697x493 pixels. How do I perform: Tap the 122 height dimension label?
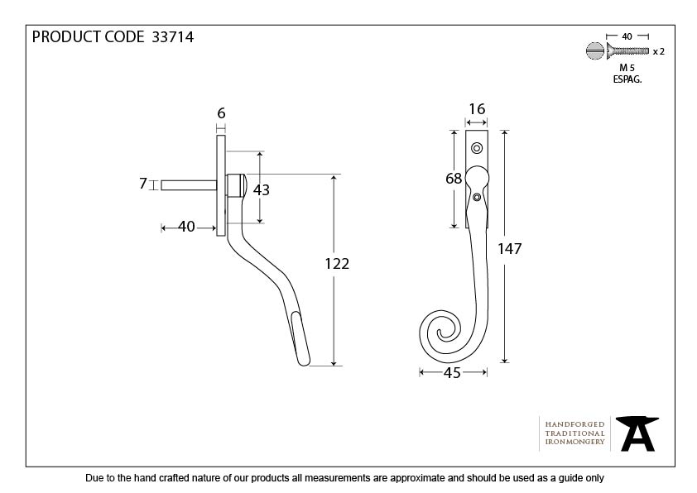point(338,264)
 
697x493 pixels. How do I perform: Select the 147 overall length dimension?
point(510,248)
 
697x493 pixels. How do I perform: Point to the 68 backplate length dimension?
point(452,179)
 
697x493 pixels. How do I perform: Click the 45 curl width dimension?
point(452,373)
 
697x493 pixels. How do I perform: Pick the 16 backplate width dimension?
point(476,109)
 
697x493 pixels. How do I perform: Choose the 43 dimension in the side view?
point(262,189)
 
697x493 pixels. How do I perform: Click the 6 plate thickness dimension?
point(221,113)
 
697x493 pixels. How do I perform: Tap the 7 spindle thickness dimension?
point(143,184)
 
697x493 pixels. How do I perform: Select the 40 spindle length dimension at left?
point(186,227)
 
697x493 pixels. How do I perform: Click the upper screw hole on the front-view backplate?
point(476,148)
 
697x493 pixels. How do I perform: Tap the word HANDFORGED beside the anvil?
point(574,424)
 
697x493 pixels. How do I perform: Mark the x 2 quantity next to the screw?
point(659,51)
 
